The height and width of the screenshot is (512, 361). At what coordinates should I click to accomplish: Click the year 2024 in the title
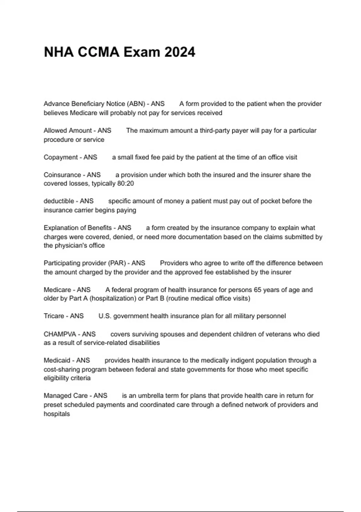(180, 52)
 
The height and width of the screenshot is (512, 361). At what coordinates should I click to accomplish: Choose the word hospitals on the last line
(57, 414)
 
